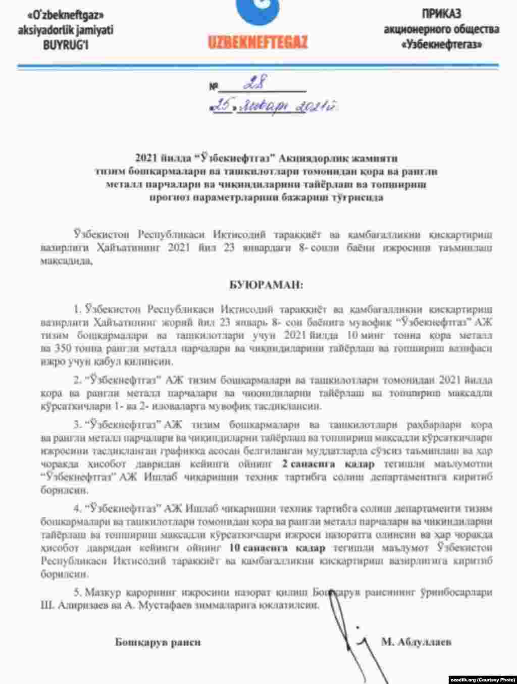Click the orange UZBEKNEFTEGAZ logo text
(257, 42)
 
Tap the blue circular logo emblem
(258, 13)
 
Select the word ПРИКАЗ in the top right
(441, 14)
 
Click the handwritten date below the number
(276, 107)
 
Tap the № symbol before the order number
(214, 87)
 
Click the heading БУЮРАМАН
(267, 285)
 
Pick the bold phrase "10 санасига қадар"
(277, 548)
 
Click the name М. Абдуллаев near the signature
(416, 642)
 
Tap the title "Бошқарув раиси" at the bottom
(158, 642)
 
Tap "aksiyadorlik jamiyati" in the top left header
(66, 30)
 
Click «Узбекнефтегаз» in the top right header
(441, 44)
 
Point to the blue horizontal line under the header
(258, 66)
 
